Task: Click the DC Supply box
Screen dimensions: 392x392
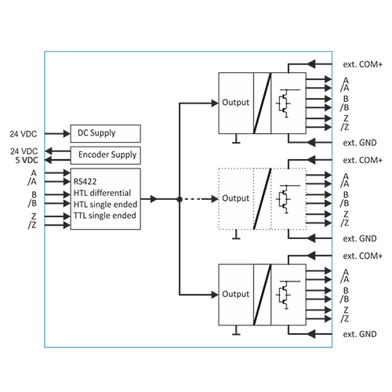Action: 106,133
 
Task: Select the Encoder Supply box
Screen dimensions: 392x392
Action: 106,155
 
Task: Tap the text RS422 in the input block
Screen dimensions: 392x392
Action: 85,181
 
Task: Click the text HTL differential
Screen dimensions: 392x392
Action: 102,193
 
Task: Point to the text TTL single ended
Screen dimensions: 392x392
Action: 105,216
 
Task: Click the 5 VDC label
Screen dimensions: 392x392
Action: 27,160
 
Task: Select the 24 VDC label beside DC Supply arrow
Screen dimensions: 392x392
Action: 24,134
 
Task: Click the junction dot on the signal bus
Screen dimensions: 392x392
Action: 180,199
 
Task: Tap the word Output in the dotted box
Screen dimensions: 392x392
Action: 235,198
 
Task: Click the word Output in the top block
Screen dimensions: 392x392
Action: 235,103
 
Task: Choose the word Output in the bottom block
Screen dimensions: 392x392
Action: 235,294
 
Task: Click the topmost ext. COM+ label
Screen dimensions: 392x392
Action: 363,64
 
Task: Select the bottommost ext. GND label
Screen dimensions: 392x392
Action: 360,334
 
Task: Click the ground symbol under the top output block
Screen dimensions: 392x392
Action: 236,139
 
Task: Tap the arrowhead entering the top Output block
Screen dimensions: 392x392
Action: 215,103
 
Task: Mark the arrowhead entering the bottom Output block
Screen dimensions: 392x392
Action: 215,295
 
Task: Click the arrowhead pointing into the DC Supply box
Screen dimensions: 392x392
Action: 67,134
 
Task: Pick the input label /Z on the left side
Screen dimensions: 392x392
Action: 32,225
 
